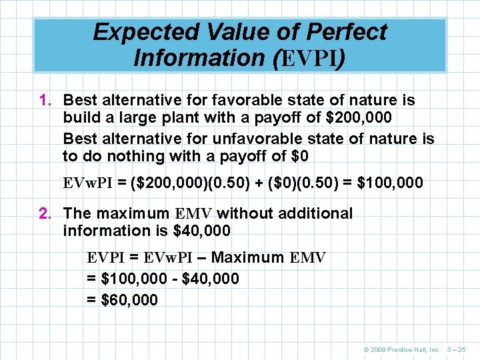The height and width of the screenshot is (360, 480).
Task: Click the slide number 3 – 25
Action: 456,349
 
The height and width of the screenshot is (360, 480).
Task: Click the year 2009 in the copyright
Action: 378,349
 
